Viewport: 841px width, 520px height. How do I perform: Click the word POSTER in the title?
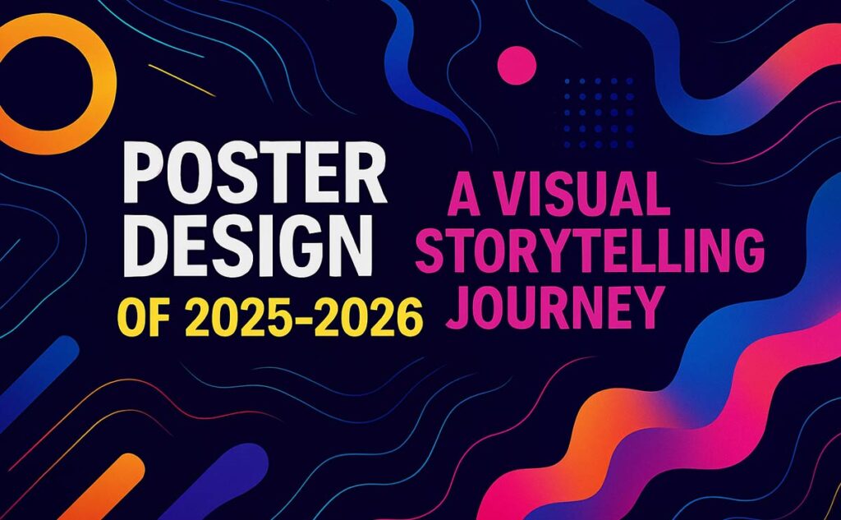point(255,173)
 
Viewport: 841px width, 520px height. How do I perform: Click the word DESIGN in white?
point(248,246)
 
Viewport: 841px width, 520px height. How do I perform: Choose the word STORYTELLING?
point(590,251)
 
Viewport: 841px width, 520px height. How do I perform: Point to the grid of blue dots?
point(599,113)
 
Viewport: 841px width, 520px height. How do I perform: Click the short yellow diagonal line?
point(182,81)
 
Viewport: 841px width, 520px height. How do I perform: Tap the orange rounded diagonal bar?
point(102,487)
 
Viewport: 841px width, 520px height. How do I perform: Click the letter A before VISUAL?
point(465,193)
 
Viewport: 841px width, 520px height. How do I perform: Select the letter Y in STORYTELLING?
point(554,251)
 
